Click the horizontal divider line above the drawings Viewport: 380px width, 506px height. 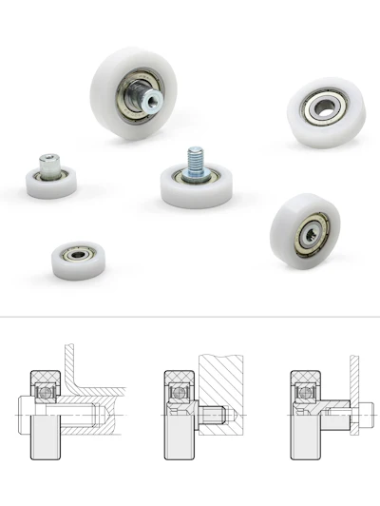click(190, 317)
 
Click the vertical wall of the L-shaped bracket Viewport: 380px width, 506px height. click(67, 366)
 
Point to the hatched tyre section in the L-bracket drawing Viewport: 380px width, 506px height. click(43, 377)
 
